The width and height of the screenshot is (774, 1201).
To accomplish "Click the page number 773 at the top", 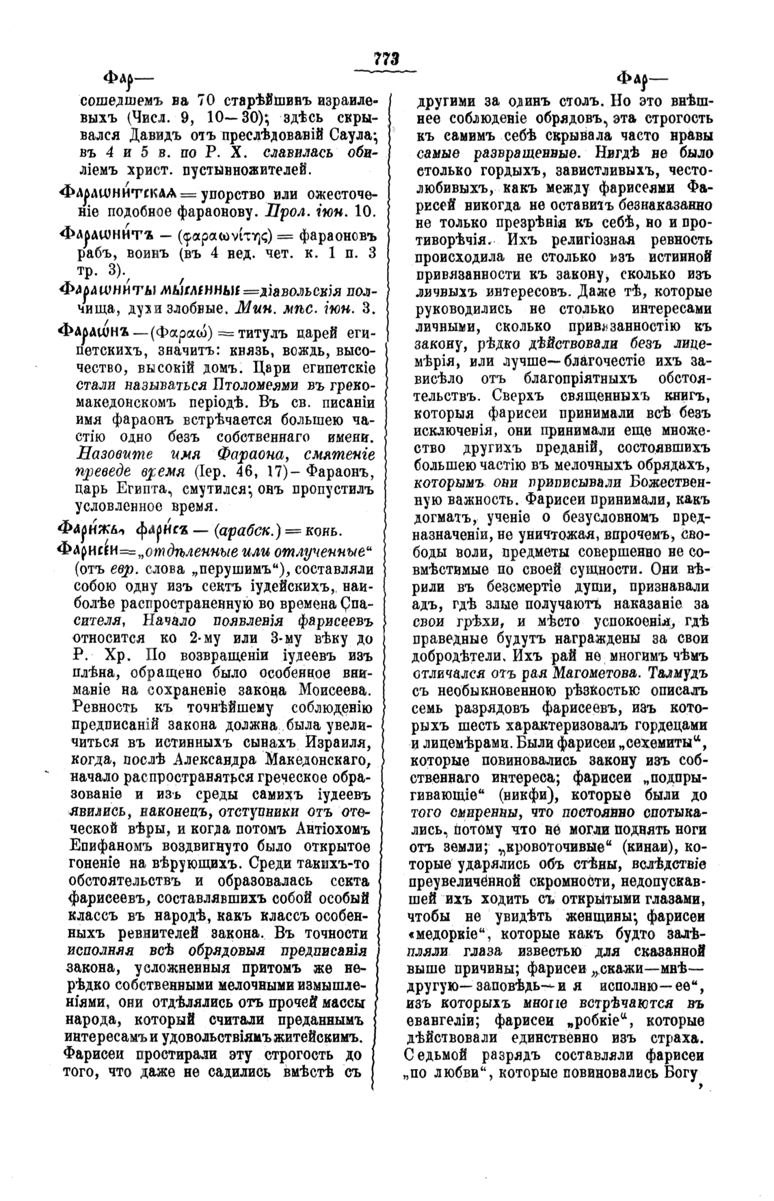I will coord(386,60).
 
